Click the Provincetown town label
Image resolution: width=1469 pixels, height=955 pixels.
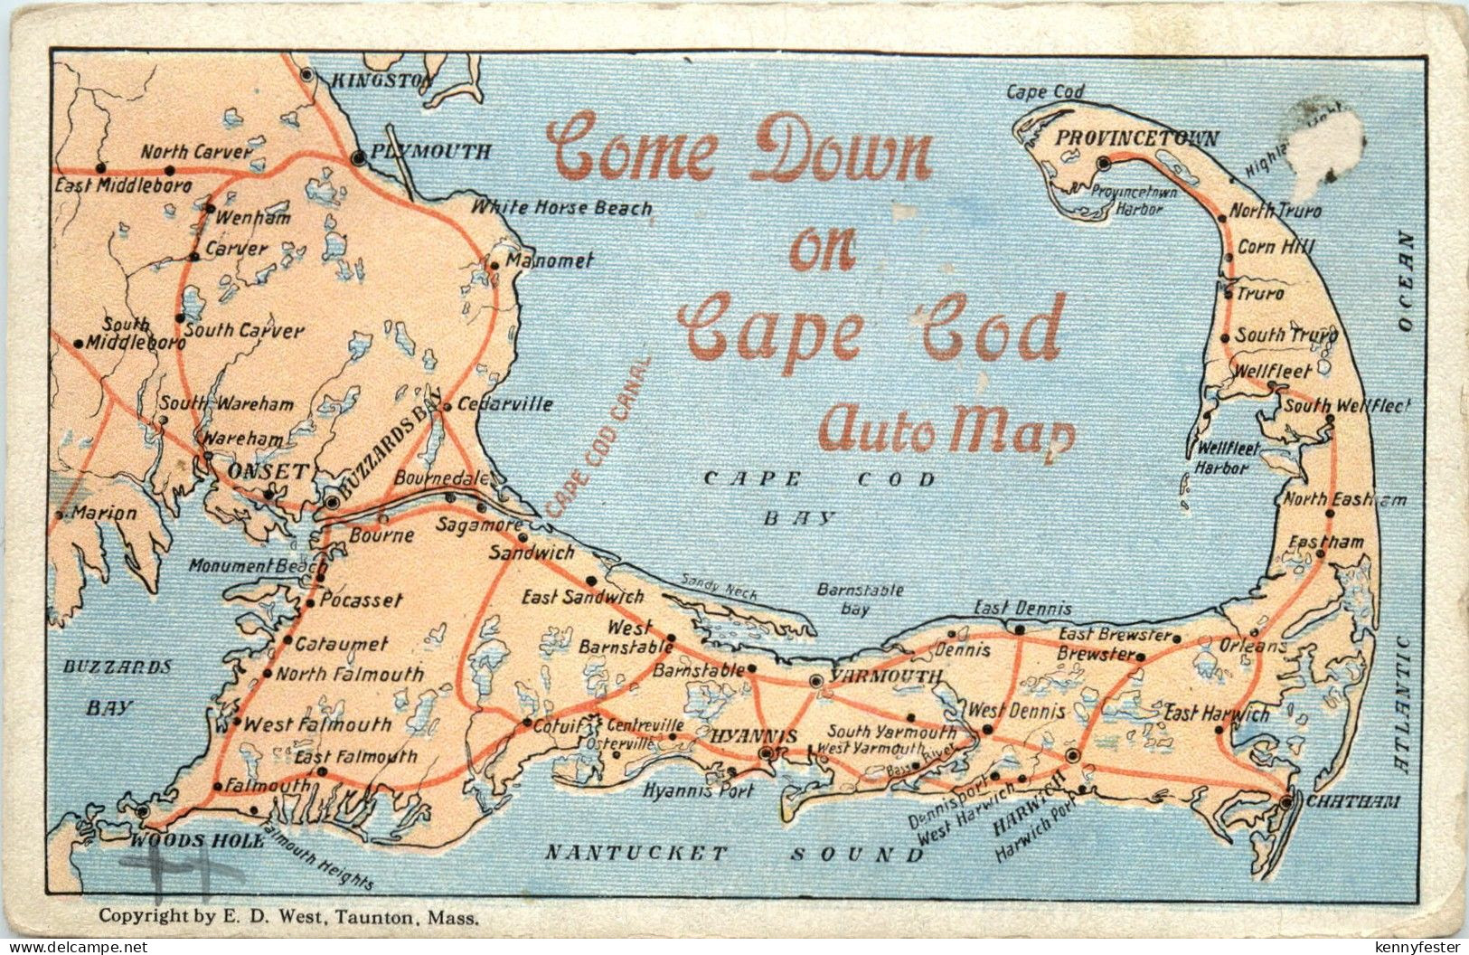[1137, 139]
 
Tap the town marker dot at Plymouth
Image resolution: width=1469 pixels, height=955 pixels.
[359, 158]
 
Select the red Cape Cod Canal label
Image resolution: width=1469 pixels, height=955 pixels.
[598, 437]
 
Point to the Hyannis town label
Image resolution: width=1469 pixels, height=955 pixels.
[754, 736]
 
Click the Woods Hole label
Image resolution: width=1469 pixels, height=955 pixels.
[197, 839]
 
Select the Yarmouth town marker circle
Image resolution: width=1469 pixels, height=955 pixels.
[816, 680]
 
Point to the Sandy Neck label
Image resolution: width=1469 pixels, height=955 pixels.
[719, 588]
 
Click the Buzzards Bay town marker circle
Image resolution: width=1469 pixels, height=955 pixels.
[333, 501]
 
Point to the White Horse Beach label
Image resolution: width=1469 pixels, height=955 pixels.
[561, 208]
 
